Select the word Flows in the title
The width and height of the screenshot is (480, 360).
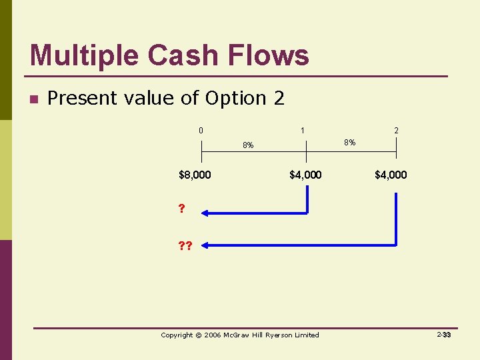tap(272, 55)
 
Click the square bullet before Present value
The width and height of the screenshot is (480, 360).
tap(33, 100)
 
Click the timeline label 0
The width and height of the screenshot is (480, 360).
tap(201, 130)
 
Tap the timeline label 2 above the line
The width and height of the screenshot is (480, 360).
tap(396, 131)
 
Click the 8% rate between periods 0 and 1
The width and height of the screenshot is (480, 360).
tap(247, 145)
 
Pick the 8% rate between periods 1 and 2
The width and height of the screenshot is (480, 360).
tap(349, 142)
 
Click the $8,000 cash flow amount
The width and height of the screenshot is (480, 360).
tap(195, 175)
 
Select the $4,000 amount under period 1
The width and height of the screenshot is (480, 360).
tap(305, 175)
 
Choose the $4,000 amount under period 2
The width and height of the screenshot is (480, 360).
tap(391, 175)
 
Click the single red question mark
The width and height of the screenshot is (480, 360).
tap(181, 209)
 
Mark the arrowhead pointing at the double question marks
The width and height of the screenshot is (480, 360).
tap(206, 245)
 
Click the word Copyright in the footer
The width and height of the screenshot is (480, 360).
tap(177, 335)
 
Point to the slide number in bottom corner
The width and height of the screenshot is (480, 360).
tap(444, 335)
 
